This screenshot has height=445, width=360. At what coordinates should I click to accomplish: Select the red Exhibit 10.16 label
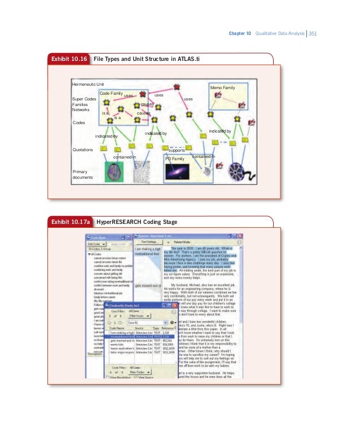[69, 59]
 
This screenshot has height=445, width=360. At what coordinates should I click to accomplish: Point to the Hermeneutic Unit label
[87, 83]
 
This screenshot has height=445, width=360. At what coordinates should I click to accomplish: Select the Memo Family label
[222, 89]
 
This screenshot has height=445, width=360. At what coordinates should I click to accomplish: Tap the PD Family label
[174, 160]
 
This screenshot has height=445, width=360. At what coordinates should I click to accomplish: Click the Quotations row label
[84, 150]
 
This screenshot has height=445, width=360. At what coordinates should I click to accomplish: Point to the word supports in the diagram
[177, 151]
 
